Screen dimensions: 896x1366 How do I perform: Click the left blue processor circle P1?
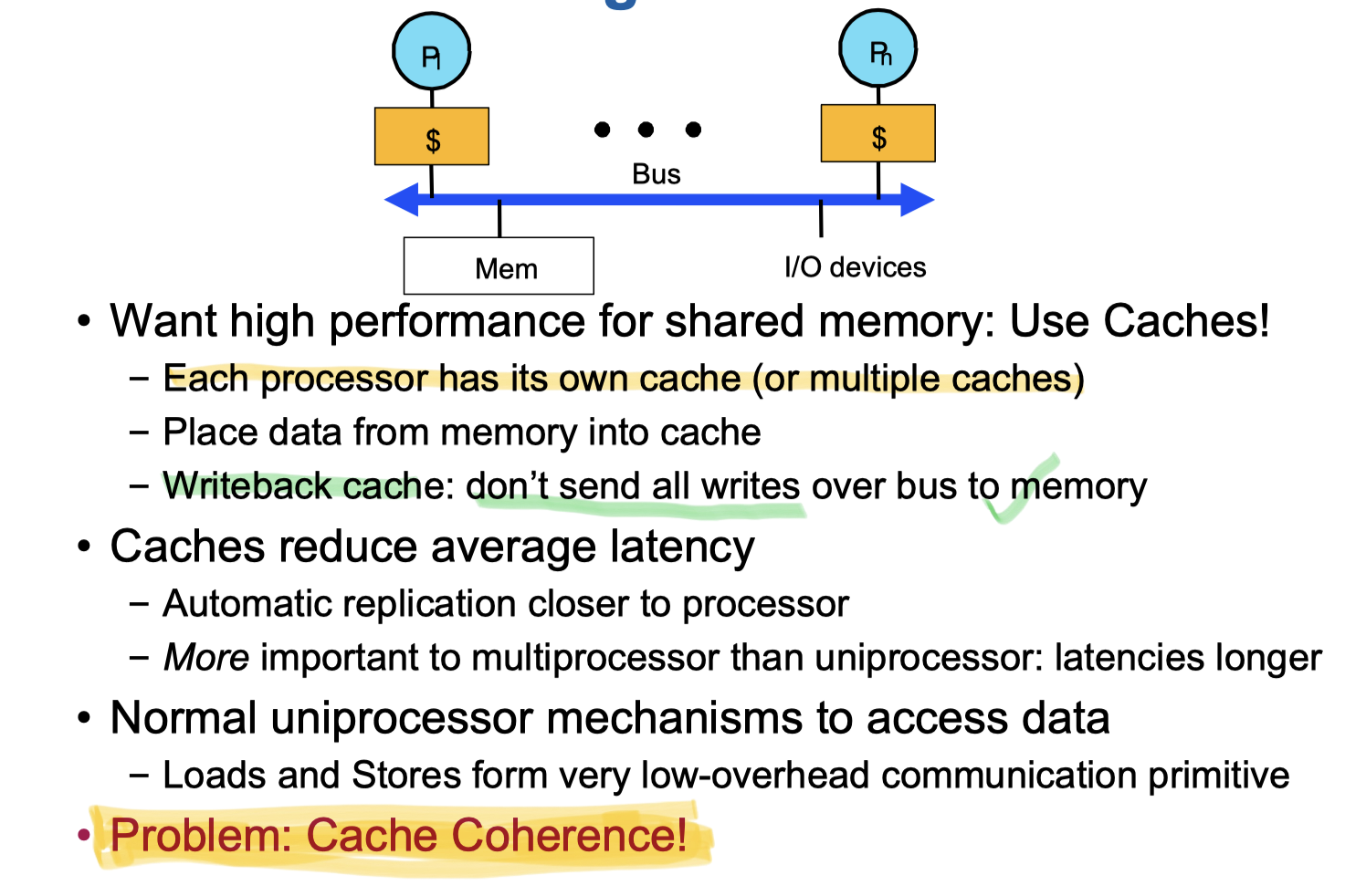click(x=431, y=52)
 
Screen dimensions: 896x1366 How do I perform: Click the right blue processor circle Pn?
click(x=878, y=49)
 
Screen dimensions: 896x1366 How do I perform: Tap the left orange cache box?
click(x=432, y=137)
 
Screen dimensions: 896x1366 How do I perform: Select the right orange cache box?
click(x=877, y=134)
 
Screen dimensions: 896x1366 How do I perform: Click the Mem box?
click(x=499, y=266)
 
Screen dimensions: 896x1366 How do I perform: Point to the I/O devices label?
click(x=855, y=267)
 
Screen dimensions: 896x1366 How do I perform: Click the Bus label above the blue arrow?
click(x=656, y=174)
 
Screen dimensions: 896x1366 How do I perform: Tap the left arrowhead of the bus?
click(x=401, y=199)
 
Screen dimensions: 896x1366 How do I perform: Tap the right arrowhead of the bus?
click(x=917, y=199)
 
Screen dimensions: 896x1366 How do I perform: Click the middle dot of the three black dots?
click(x=646, y=130)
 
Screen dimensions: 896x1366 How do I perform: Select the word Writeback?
click(x=247, y=486)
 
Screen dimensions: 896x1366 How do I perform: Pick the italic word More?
click(x=206, y=658)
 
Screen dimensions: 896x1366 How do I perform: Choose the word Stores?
click(x=406, y=776)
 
